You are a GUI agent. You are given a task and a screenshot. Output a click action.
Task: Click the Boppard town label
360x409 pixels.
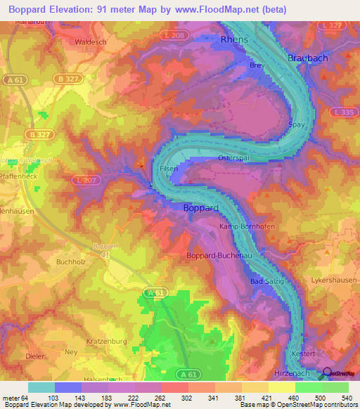(202, 208)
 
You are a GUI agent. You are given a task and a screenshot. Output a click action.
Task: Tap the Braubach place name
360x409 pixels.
(308, 58)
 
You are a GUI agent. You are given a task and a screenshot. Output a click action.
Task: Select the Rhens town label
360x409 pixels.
(234, 40)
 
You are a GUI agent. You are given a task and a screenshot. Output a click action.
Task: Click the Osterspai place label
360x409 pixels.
(234, 158)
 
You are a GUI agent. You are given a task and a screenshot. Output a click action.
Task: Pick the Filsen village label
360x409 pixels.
(169, 169)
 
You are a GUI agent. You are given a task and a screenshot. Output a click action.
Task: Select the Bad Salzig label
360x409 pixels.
(265, 281)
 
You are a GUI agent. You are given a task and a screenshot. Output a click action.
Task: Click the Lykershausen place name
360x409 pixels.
(333, 280)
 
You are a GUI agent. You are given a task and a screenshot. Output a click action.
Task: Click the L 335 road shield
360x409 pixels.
(345, 112)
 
